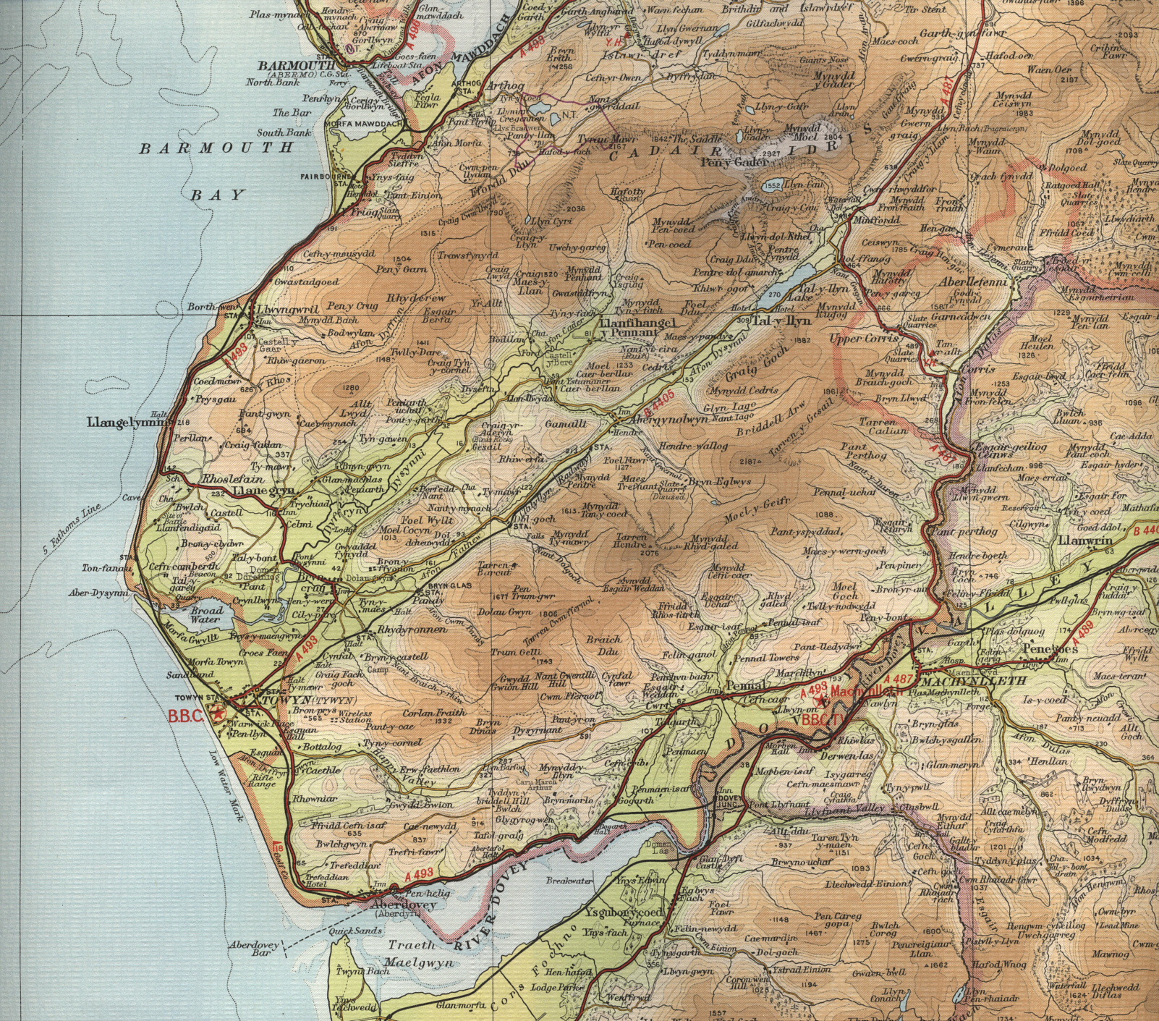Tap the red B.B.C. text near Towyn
[x=187, y=716]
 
